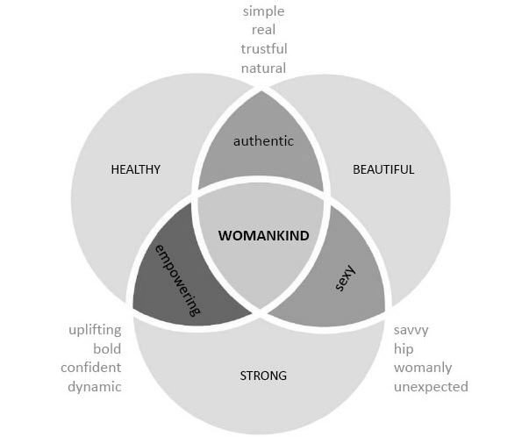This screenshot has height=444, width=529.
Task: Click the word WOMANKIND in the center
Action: [263, 235]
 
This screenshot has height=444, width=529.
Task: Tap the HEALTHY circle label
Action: [135, 169]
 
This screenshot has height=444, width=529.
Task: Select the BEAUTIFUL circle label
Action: [383, 169]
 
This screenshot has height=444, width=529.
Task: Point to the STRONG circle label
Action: [263, 376]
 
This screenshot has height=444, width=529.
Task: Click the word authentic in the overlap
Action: [262, 140]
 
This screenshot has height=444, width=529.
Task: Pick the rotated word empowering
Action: [178, 279]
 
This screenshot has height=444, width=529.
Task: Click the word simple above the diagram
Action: [263, 11]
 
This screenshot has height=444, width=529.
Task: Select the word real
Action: [263, 30]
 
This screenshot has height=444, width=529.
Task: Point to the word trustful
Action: [263, 48]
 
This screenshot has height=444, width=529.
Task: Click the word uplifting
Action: [95, 331]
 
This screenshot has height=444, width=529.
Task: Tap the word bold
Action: [106, 349]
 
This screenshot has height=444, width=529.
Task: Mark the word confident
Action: [90, 368]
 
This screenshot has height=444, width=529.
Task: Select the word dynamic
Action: [95, 386]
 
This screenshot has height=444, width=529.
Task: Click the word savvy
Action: [411, 331]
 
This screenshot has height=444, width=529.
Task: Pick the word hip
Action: [404, 349]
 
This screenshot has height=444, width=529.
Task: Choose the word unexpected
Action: [431, 386]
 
